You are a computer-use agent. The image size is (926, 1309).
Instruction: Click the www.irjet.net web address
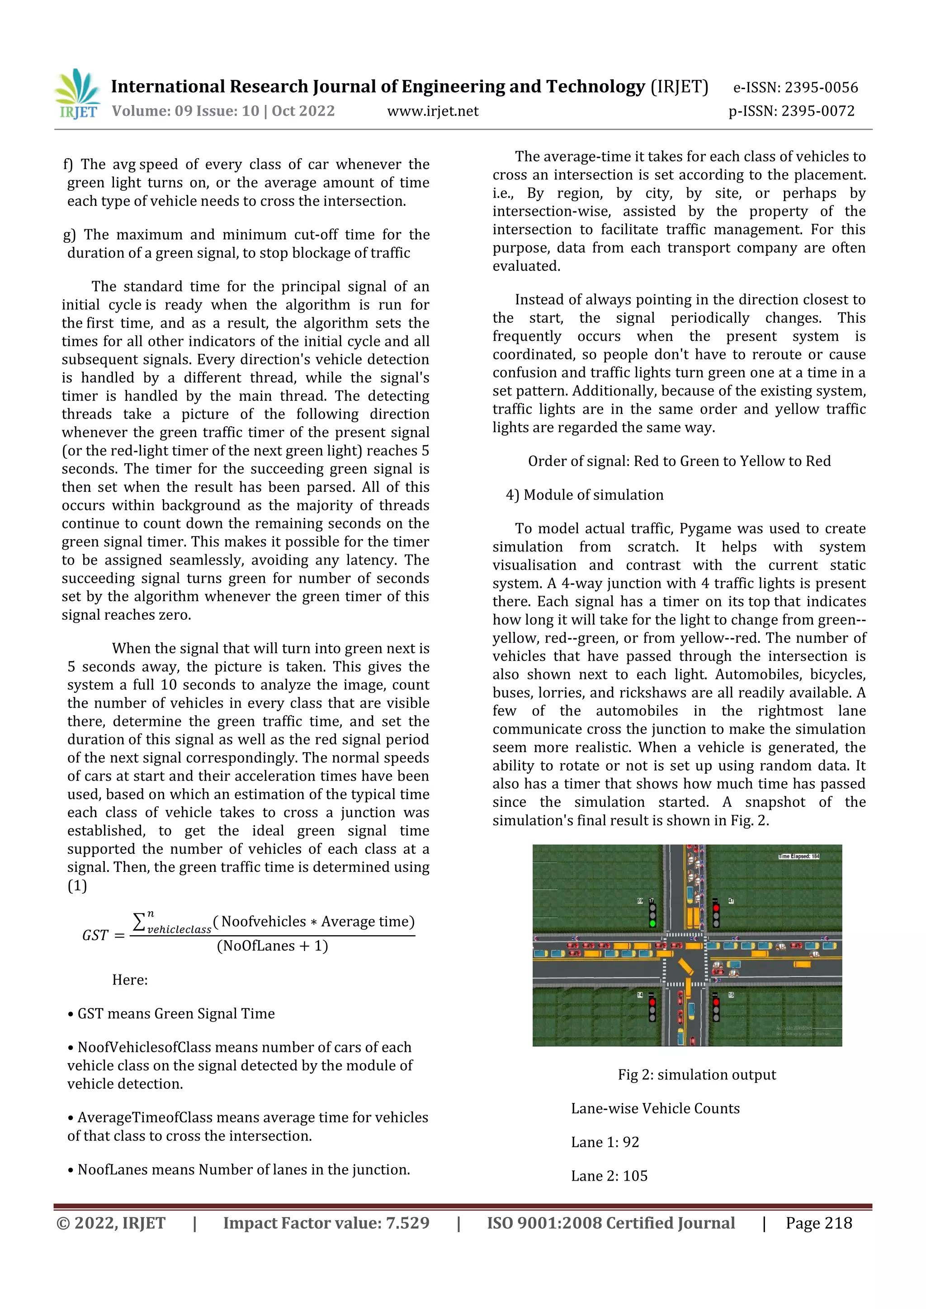tap(433, 111)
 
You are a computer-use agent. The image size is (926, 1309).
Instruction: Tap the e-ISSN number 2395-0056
tap(821, 88)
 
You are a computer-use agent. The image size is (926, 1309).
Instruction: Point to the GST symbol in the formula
tap(95, 936)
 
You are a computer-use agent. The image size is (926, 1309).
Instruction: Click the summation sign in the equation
tap(140, 921)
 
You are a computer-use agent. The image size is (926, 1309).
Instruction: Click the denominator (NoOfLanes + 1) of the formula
tap(272, 946)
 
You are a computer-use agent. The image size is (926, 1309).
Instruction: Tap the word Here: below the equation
tap(130, 980)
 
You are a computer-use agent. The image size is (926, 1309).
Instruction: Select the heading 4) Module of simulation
tap(585, 495)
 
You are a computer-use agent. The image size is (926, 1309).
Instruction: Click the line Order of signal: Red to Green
tap(679, 461)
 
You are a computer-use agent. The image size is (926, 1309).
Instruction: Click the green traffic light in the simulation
tap(652, 923)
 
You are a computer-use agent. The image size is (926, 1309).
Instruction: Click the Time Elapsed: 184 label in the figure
tap(798, 857)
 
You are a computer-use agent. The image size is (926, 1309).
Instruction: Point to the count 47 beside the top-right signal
tap(731, 901)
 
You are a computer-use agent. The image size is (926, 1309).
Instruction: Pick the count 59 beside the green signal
tap(640, 901)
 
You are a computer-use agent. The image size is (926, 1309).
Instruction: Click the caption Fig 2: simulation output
tap(697, 1075)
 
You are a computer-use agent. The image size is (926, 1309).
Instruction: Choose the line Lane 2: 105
tap(609, 1176)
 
